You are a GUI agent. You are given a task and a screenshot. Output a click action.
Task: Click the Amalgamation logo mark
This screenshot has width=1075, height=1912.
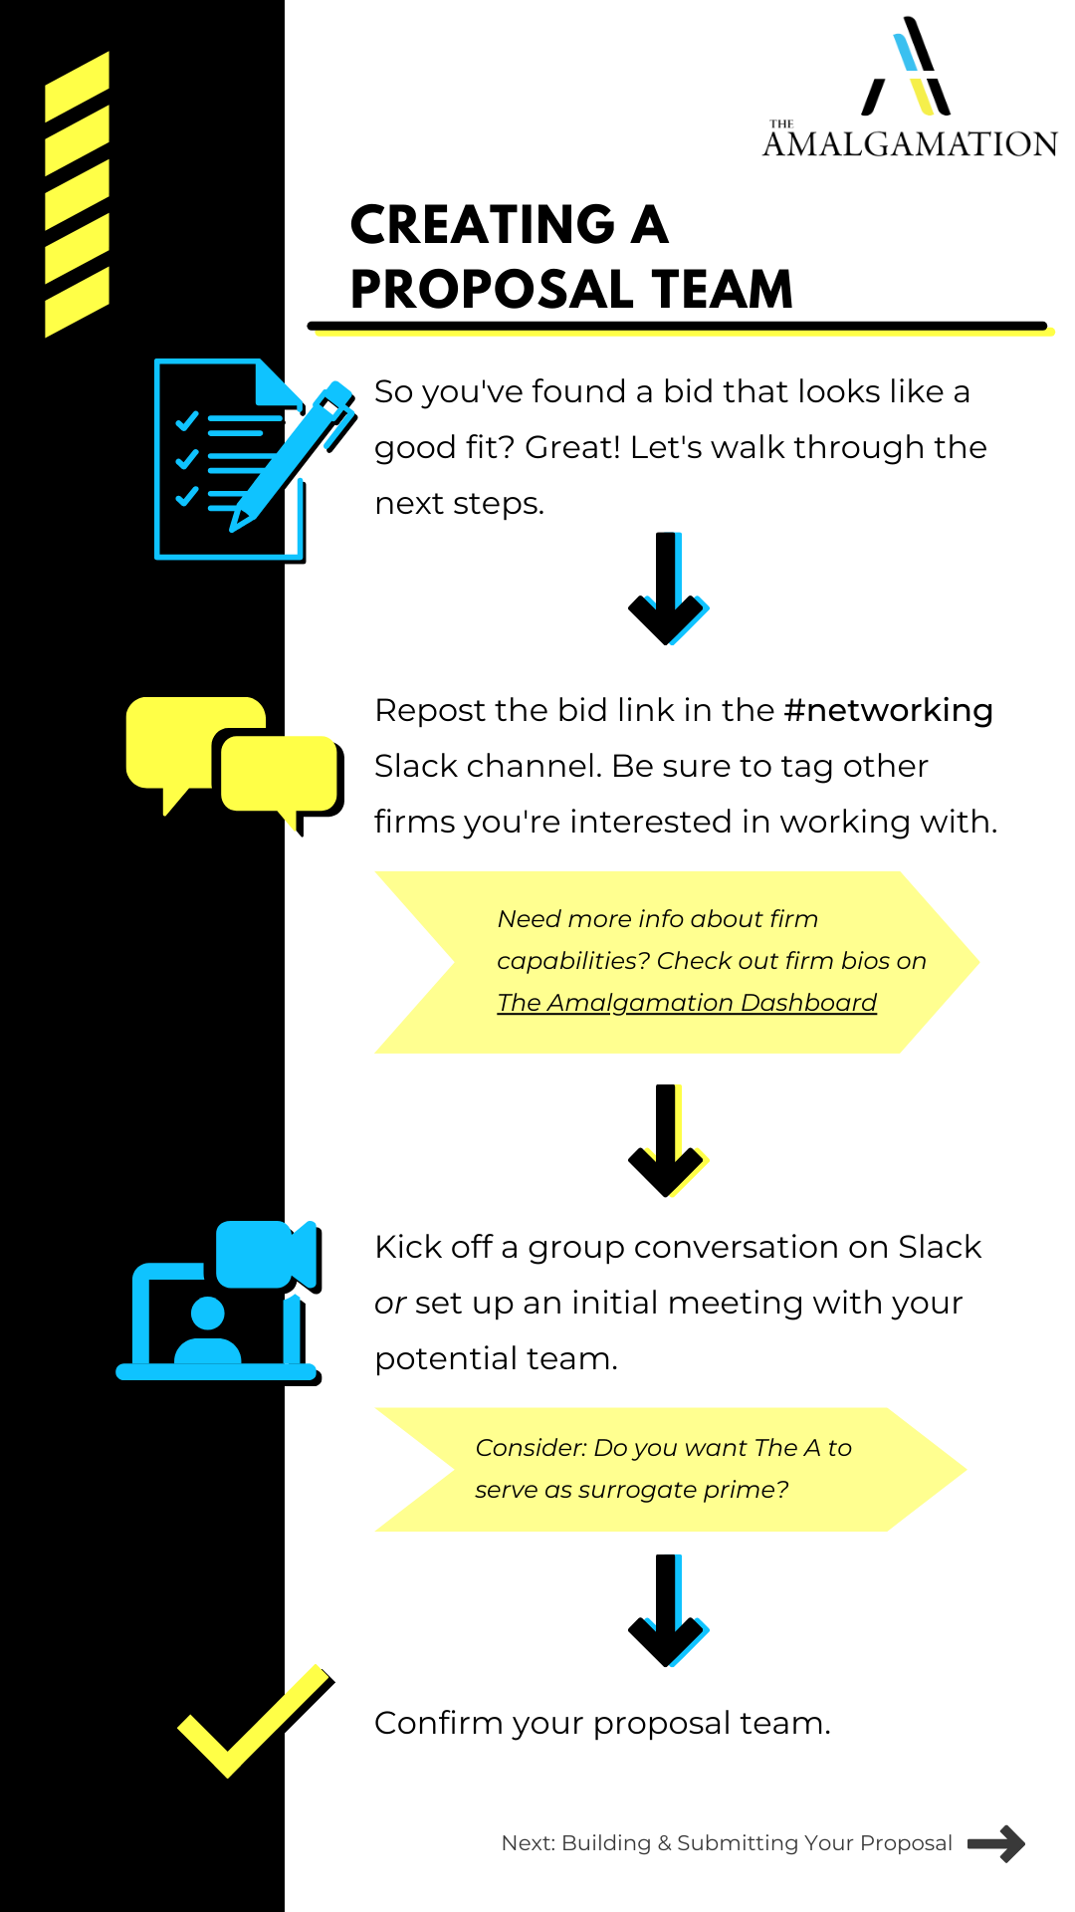[907, 68]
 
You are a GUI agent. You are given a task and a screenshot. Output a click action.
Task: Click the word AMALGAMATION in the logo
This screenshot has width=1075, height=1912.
[910, 144]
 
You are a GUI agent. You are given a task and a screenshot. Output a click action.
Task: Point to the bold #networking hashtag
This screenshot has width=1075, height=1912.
[888, 710]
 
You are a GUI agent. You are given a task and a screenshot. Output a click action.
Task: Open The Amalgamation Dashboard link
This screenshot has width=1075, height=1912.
[687, 1003]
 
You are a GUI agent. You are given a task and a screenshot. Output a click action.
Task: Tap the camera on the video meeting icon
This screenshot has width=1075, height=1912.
[266, 1254]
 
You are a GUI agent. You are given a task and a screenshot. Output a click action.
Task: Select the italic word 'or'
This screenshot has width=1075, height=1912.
[390, 1304]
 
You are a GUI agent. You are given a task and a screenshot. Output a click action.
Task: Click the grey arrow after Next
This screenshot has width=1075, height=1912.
[995, 1843]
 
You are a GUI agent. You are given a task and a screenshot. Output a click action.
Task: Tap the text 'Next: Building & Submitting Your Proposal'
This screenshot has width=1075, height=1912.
[727, 1843]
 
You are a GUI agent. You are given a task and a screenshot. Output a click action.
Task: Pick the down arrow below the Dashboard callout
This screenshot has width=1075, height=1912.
[667, 1140]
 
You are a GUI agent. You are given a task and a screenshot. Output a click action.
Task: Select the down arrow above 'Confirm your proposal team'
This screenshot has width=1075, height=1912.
[667, 1610]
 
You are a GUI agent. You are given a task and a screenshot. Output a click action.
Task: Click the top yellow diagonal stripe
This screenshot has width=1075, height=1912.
[77, 87]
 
